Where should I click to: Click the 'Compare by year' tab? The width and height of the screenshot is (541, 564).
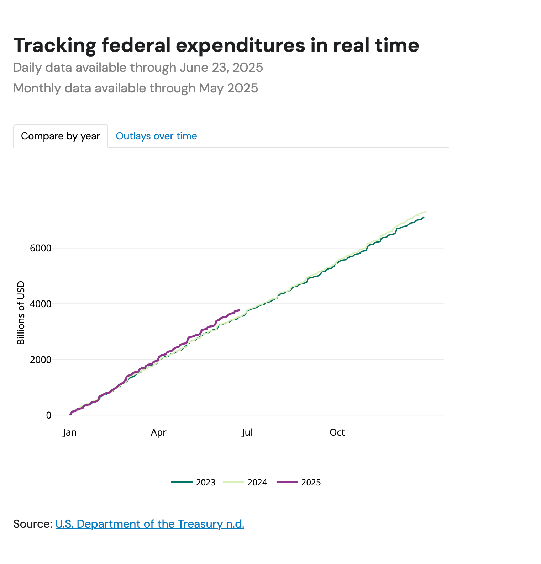coord(61,136)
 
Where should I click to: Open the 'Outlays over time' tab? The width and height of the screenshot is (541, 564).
coord(156,136)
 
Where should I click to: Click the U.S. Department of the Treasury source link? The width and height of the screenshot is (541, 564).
coord(149,524)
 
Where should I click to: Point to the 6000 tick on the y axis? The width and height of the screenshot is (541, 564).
coord(41,248)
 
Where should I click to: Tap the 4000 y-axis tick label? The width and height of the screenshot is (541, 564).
coord(41,304)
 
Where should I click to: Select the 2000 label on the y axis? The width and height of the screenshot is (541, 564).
coord(41,360)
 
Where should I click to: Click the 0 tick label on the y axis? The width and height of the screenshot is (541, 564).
coord(49,415)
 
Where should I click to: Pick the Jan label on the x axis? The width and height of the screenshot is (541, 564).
coord(70,432)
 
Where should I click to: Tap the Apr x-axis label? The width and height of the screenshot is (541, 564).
coord(158,432)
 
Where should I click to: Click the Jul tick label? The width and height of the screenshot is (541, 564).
coord(247,432)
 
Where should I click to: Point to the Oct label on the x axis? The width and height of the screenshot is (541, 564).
coord(337,432)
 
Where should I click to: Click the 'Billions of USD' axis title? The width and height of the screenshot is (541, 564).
coord(21,313)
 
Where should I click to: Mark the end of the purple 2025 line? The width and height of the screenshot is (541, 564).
coord(239,310)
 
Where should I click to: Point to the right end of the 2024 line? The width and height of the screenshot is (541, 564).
coord(426,211)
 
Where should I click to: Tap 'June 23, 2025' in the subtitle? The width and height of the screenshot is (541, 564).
coord(221,68)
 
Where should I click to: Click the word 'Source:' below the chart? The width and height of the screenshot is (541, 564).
coord(33,524)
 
